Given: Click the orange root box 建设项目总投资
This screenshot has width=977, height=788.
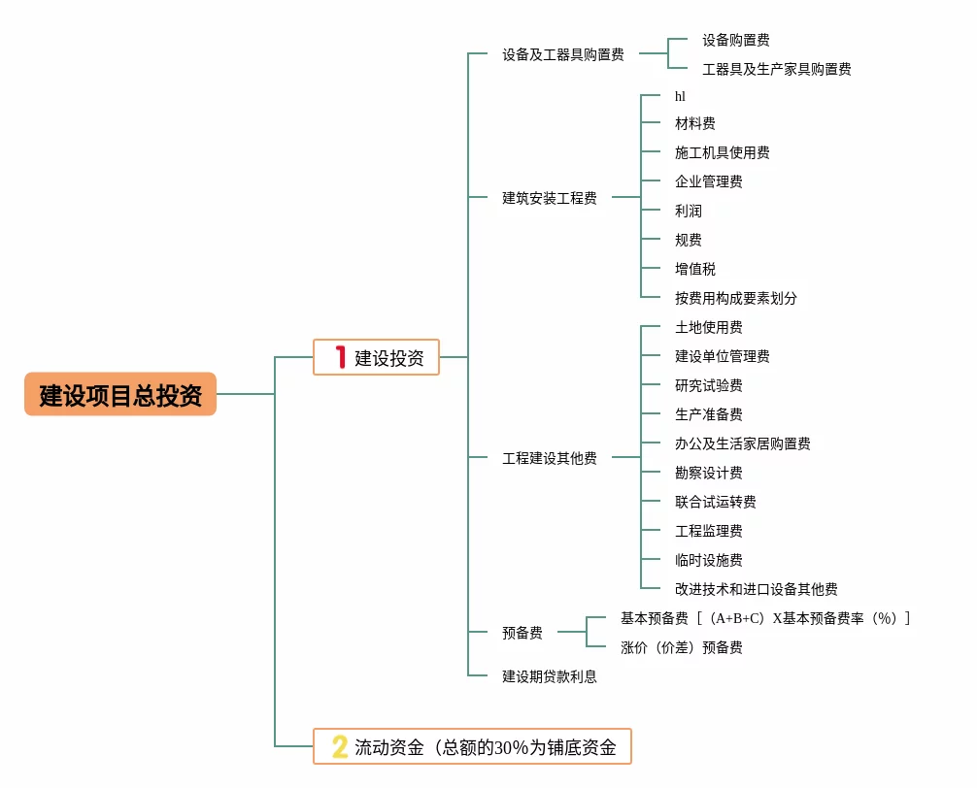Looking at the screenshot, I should click(120, 395).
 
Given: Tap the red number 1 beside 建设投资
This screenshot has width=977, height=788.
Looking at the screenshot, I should click(340, 357).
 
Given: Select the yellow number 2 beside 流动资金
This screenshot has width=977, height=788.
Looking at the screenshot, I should click(339, 746).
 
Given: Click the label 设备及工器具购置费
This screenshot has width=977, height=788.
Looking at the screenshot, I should click(562, 55).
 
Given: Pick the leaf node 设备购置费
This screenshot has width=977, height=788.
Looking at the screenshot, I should click(735, 41).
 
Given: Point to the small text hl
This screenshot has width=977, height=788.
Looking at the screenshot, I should click(680, 96).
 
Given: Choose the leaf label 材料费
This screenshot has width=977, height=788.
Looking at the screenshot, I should click(694, 123).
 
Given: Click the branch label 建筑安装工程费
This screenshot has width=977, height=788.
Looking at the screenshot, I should click(549, 198).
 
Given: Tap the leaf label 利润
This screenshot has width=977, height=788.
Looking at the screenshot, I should click(688, 211).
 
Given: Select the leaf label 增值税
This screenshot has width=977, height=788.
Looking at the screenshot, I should click(694, 269).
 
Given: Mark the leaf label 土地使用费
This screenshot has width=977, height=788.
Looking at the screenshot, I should click(708, 327).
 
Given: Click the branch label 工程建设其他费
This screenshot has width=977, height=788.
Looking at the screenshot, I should click(549, 458).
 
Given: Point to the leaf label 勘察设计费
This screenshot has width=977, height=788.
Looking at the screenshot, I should click(708, 473).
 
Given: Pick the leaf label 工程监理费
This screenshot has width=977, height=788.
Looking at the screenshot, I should click(708, 531).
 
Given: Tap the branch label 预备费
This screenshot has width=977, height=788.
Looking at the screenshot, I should click(522, 633).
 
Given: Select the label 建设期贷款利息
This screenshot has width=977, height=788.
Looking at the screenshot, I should click(549, 676).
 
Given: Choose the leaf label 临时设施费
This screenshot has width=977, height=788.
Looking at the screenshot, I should click(708, 560).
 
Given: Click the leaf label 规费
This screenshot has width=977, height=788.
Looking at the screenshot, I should click(688, 240).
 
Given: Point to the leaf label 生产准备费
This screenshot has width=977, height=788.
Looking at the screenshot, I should click(708, 414).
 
